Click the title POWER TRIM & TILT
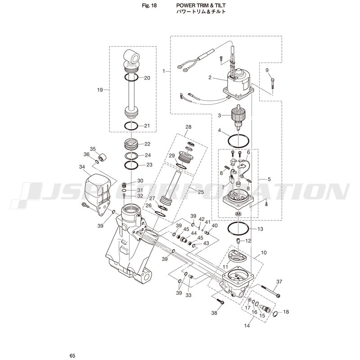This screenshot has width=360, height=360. (201, 5)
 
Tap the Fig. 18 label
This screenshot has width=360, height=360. (149, 5)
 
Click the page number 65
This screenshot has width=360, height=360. (72, 355)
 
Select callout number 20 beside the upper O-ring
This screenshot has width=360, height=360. (147, 78)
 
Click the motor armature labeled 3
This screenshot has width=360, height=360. (239, 117)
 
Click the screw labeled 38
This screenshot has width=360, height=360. (220, 301)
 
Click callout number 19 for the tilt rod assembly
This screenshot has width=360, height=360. (100, 90)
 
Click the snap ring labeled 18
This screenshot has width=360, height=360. (275, 314)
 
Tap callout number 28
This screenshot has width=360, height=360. (188, 127)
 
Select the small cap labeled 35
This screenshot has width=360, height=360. (102, 157)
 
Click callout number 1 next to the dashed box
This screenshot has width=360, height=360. (164, 71)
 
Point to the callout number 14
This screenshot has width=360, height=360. (247, 325)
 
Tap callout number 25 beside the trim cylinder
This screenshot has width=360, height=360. (201, 192)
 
